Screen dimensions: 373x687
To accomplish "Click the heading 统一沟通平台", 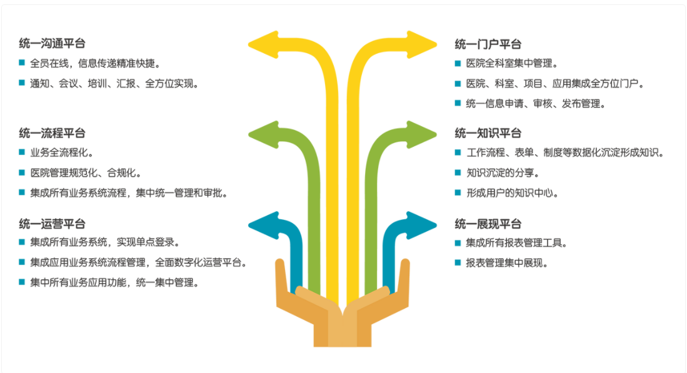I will point(52,44).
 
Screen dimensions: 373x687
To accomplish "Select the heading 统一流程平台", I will point(52,133).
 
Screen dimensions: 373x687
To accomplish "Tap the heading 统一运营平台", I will point(52,224).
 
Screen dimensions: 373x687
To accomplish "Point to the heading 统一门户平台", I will point(488,44).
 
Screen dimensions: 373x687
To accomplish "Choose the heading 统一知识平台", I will point(488,133).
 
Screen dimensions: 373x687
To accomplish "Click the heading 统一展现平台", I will point(488,224).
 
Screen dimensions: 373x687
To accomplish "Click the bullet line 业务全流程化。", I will point(61,152).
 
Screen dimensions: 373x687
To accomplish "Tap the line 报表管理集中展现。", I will point(507,263).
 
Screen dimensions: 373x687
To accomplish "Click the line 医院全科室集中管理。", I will point(511,63).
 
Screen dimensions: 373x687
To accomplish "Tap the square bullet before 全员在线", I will point(22,62).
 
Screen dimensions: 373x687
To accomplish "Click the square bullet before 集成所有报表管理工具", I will point(458,242).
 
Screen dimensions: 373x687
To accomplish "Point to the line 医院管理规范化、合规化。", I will point(86,172).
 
